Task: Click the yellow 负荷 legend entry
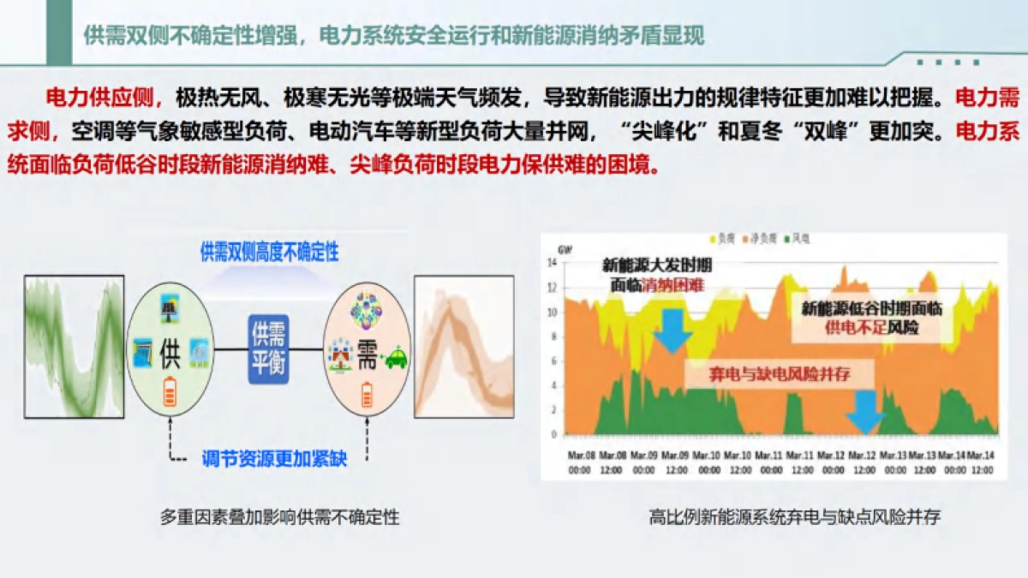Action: click(x=722, y=236)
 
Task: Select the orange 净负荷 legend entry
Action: click(x=762, y=236)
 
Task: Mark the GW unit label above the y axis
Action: click(x=565, y=249)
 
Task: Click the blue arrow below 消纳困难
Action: click(x=672, y=331)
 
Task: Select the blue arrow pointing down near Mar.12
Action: click(x=864, y=412)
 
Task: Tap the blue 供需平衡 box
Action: click(x=268, y=350)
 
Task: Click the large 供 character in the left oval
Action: click(x=169, y=356)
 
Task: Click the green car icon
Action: click(x=396, y=358)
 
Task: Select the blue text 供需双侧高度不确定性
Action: click(x=269, y=253)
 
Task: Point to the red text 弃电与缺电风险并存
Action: click(x=779, y=374)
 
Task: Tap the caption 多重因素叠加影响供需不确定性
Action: click(x=279, y=517)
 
